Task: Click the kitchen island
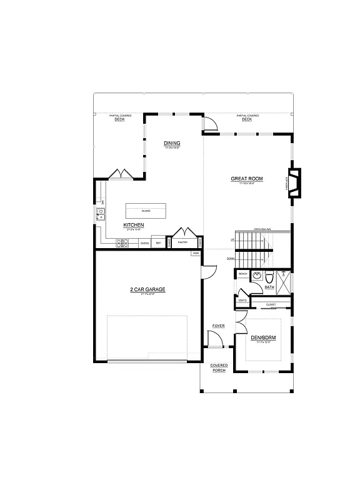(x=145, y=211)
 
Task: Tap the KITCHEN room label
(x=134, y=224)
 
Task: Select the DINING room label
(x=172, y=143)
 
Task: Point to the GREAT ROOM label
(x=247, y=179)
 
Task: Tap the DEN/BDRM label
(x=263, y=337)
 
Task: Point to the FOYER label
(x=218, y=326)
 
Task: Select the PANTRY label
(x=183, y=242)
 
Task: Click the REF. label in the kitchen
(x=158, y=242)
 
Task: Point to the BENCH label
(x=242, y=274)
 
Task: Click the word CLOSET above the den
(x=271, y=305)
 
